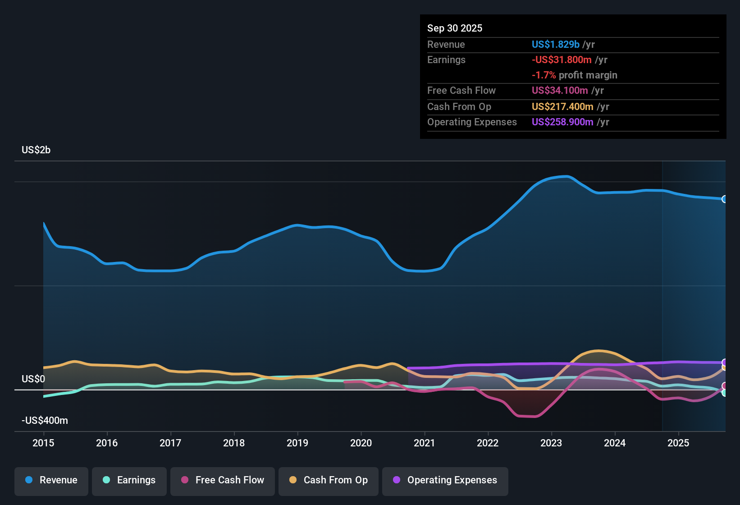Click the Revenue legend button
(x=51, y=480)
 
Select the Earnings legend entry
(x=129, y=480)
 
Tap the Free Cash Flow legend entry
(x=223, y=480)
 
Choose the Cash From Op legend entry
(x=329, y=480)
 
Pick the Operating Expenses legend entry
(x=445, y=480)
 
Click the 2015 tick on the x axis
(x=43, y=443)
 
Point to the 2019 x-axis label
(x=297, y=443)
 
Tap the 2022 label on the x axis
(x=488, y=443)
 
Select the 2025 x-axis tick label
(x=678, y=443)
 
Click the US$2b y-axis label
(x=36, y=150)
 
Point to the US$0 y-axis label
(x=33, y=379)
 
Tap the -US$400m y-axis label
(x=45, y=421)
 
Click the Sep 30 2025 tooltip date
(x=454, y=28)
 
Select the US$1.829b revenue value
(x=555, y=45)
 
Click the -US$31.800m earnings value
(x=562, y=60)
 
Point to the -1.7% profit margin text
(x=574, y=75)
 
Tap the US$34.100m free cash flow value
(x=560, y=91)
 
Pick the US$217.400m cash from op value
(x=562, y=107)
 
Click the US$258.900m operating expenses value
(x=562, y=122)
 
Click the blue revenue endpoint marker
(x=724, y=199)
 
